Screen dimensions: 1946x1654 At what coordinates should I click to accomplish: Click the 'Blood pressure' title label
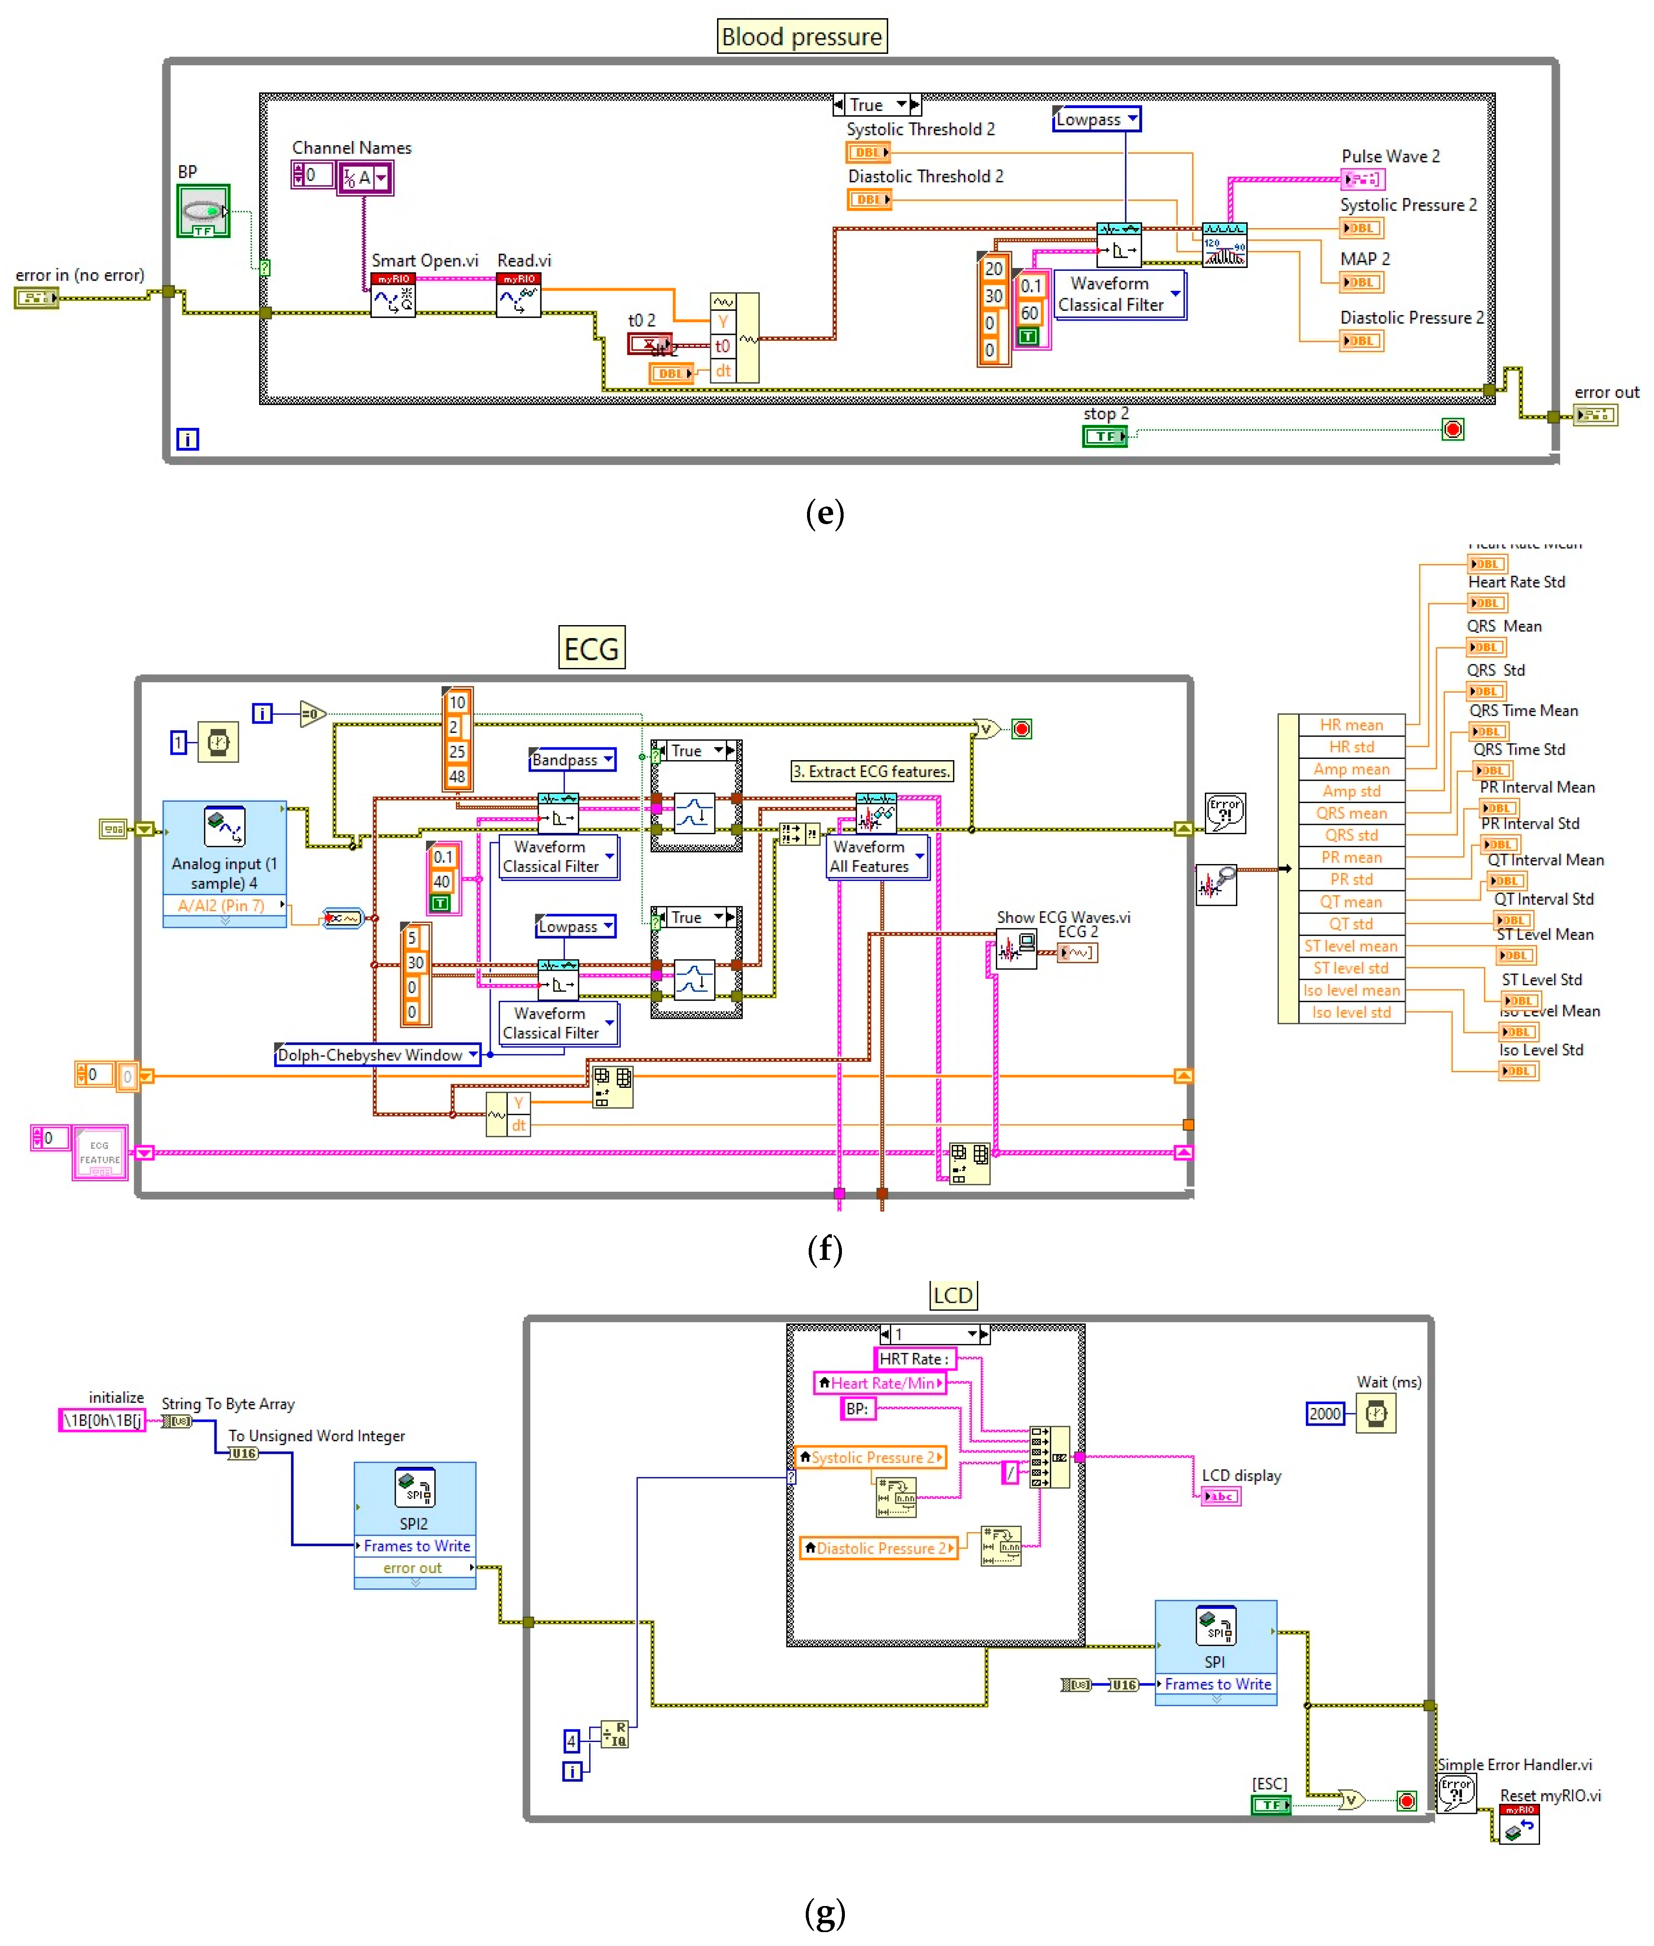802,37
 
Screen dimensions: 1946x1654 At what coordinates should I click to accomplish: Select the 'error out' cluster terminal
1594,414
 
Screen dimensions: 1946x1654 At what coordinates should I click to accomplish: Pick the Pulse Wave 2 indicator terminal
1363,178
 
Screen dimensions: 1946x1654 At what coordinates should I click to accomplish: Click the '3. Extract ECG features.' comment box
871,771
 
